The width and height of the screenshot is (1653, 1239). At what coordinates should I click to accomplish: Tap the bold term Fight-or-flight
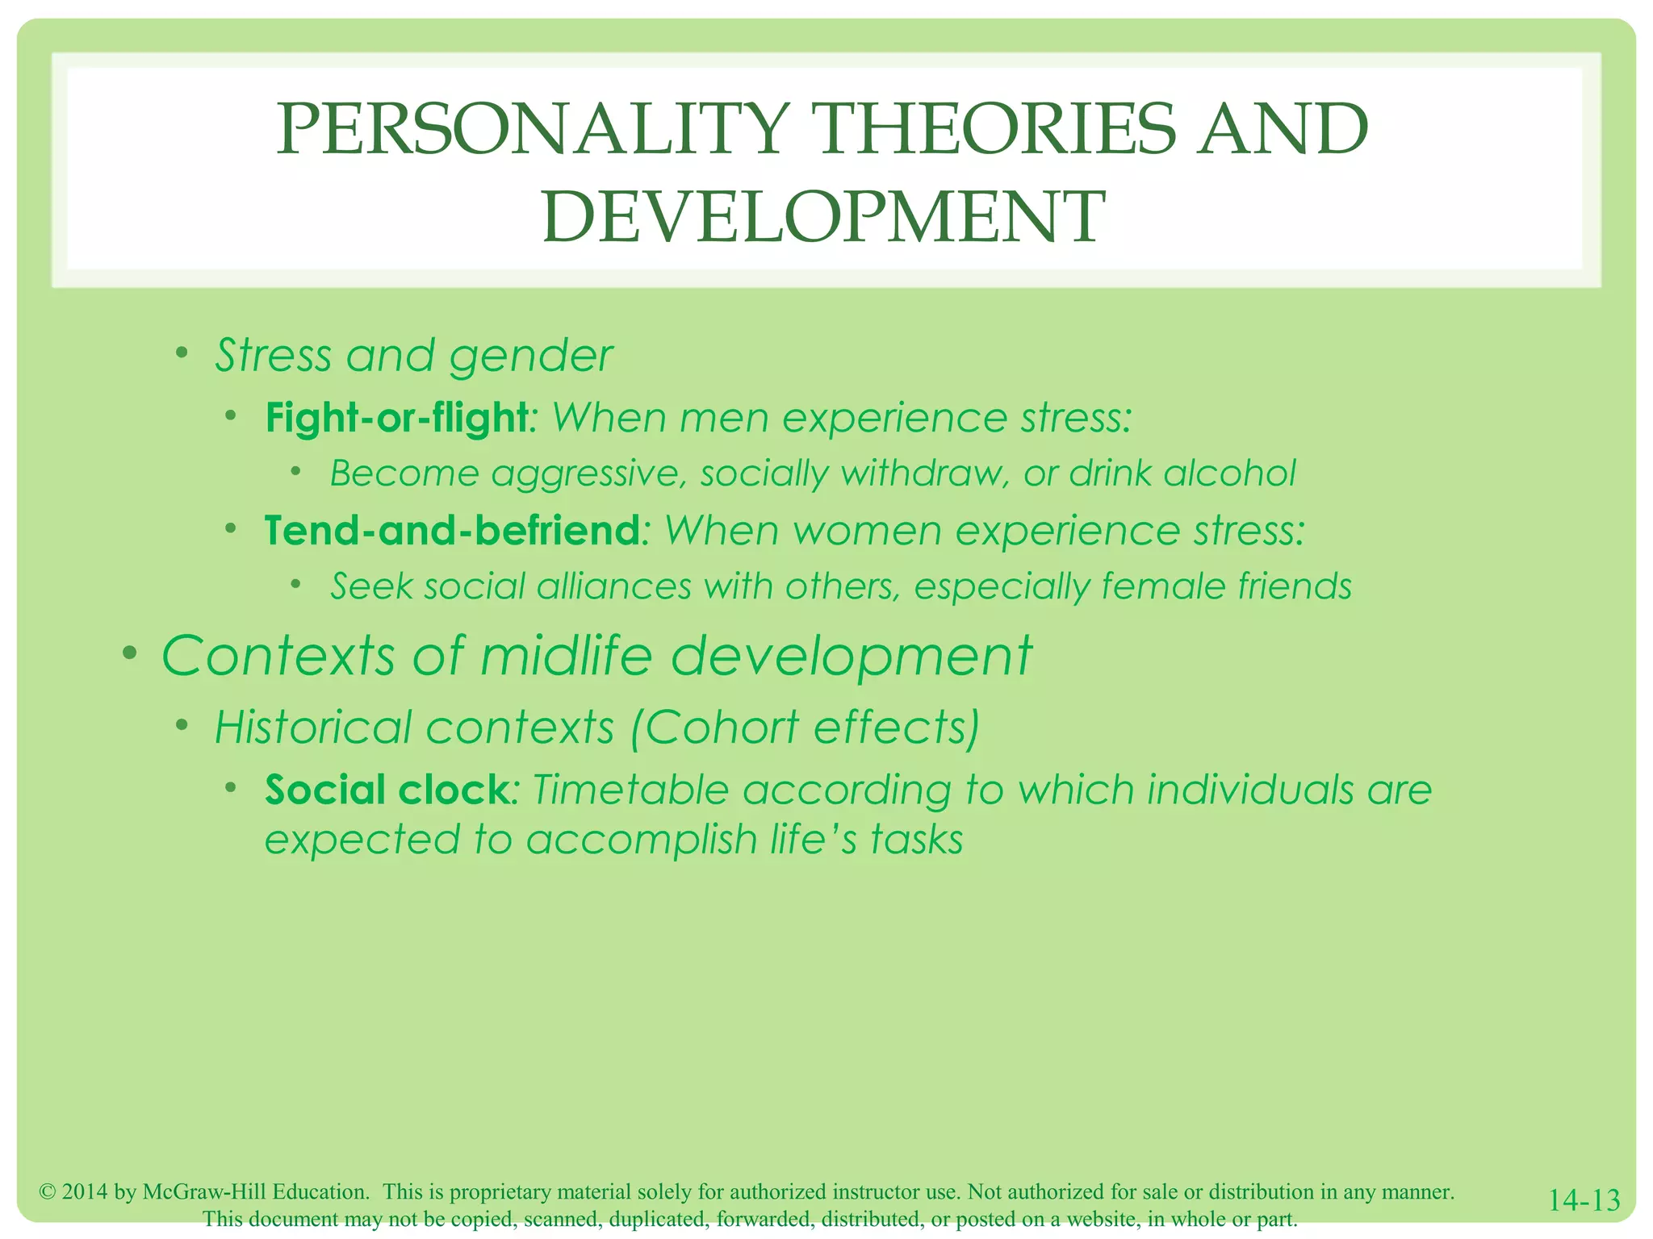tap(395, 418)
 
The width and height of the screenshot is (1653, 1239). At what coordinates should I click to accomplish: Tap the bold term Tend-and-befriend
tap(452, 531)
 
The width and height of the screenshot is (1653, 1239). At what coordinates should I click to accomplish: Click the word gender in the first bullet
tap(531, 357)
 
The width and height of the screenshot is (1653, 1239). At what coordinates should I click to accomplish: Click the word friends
tap(1295, 586)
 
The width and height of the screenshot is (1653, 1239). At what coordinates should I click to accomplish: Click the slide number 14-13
tap(1584, 1200)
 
